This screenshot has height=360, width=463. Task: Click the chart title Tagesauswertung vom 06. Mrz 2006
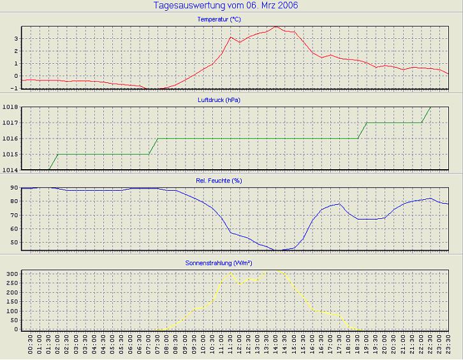click(226, 6)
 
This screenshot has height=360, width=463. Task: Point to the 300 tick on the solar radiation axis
click(11, 273)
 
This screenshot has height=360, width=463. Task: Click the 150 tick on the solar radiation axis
click(11, 301)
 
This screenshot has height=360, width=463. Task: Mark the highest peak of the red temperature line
click(275, 26)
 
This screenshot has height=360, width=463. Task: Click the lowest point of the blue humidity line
click(276, 250)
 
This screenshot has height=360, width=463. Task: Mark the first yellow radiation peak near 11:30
click(230, 273)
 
